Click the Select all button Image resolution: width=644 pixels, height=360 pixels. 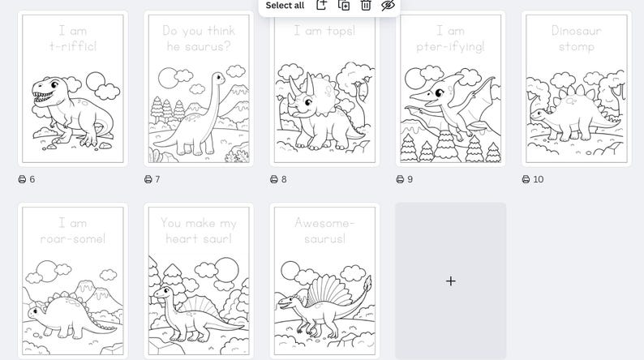point(285,6)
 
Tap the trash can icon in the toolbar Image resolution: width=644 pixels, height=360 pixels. point(366,6)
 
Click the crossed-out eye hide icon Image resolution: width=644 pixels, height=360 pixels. point(388,6)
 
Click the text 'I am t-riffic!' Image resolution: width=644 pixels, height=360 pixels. point(73,38)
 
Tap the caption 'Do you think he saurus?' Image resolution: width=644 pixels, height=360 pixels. point(199,38)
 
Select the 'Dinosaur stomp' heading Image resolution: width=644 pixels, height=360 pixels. point(576,38)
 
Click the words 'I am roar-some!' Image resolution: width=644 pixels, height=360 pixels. point(73,230)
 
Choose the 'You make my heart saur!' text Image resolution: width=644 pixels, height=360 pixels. point(199,230)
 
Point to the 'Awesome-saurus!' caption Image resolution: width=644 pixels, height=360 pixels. point(324,230)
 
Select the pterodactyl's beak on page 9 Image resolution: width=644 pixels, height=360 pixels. point(420,98)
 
